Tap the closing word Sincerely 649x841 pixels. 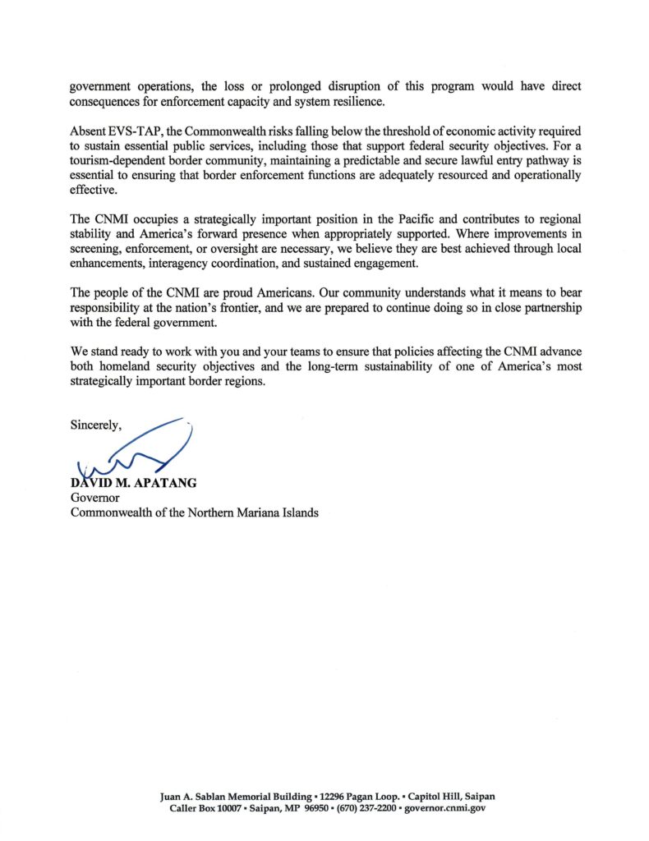pos(95,425)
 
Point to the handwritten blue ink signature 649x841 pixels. pos(136,451)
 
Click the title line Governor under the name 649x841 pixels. pos(94,498)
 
